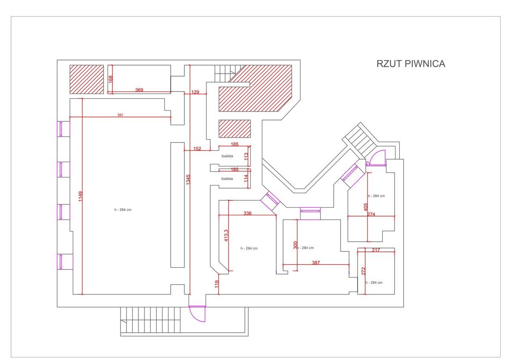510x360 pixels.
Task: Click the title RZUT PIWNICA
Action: click(x=410, y=64)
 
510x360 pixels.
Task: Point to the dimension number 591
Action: click(x=120, y=114)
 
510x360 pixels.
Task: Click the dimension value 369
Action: click(x=139, y=90)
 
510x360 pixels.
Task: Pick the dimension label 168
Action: click(x=110, y=79)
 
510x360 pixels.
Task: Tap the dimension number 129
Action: click(x=195, y=92)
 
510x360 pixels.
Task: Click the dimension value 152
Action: click(x=197, y=149)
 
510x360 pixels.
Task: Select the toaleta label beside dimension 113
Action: click(x=227, y=156)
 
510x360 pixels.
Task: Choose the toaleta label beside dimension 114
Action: click(x=227, y=179)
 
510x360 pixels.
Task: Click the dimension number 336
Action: click(x=248, y=213)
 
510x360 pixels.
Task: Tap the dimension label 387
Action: click(x=315, y=263)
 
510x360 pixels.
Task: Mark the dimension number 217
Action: click(x=376, y=250)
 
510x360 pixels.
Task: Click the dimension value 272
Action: click(x=363, y=271)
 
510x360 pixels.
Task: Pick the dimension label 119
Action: click(x=217, y=284)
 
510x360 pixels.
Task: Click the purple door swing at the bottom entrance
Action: click(x=198, y=314)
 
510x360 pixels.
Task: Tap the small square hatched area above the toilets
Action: click(x=235, y=129)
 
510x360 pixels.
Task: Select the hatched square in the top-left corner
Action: click(x=87, y=79)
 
